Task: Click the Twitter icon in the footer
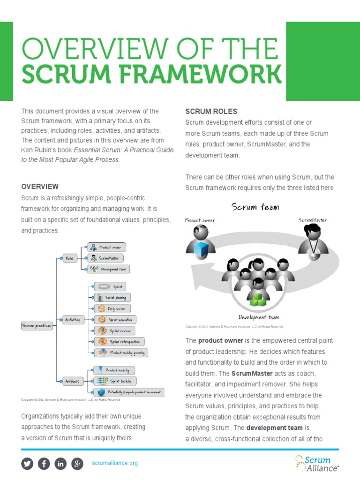click(28, 464)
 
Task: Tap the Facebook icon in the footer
click(44, 464)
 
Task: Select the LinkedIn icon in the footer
click(60, 464)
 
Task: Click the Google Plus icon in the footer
click(77, 464)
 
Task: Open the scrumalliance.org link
click(115, 464)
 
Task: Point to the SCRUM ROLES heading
click(211, 112)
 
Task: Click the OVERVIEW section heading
click(40, 187)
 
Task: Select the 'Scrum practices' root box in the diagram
click(37, 325)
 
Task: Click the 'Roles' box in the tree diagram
click(70, 258)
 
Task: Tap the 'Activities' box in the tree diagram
click(72, 320)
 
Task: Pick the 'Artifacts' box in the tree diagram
click(72, 381)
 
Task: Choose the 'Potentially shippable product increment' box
click(129, 391)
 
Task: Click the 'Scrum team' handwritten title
click(255, 207)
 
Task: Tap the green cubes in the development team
click(257, 300)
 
